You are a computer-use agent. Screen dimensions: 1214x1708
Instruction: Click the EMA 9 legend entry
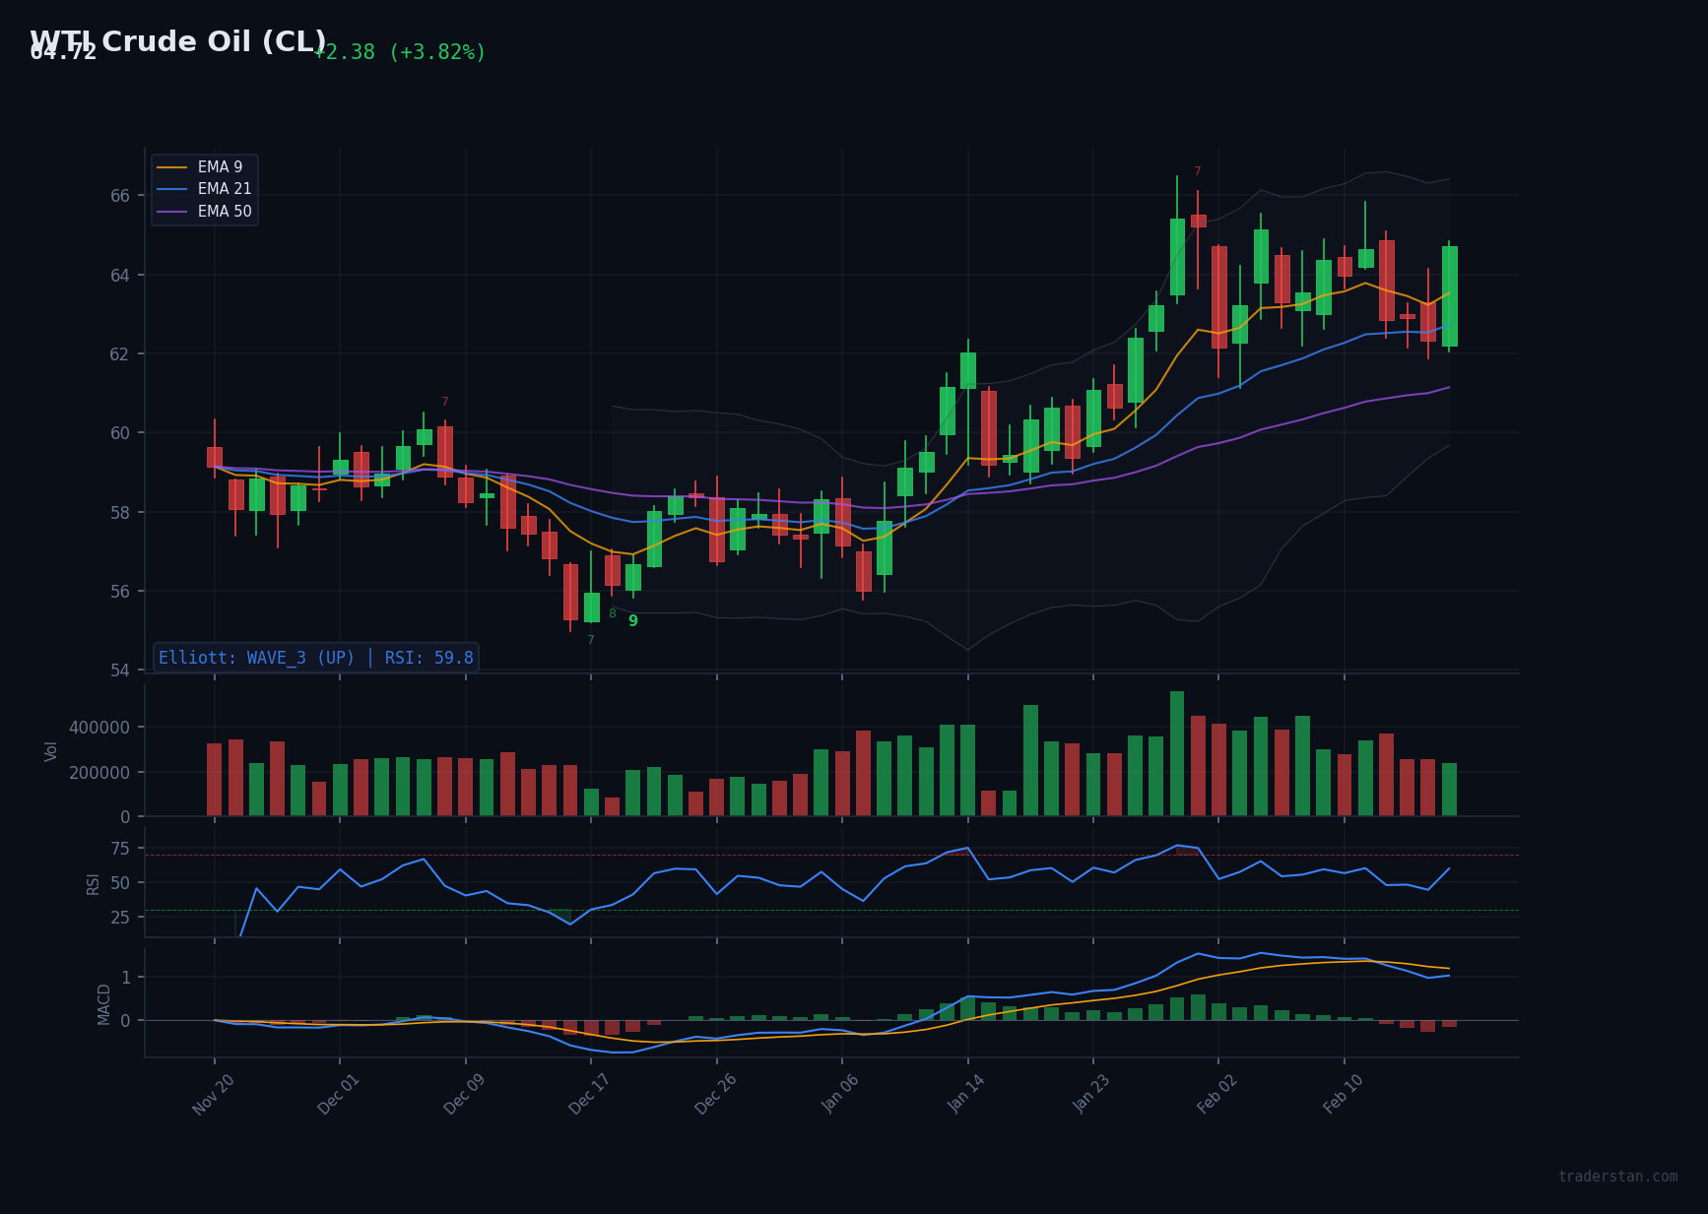[x=220, y=167]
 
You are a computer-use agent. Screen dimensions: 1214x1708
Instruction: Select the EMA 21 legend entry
[x=224, y=189]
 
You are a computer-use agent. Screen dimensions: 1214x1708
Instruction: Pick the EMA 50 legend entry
[x=224, y=212]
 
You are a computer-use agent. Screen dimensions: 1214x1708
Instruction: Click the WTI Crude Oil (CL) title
[x=178, y=42]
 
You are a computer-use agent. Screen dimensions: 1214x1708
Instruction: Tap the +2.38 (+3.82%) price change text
[x=399, y=53]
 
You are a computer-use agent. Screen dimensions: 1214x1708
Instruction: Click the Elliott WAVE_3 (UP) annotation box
[x=316, y=658]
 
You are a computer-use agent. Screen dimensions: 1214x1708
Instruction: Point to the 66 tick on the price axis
[x=120, y=196]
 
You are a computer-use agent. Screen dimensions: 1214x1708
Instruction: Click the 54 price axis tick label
[x=120, y=671]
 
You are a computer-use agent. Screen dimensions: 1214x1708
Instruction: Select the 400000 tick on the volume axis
[x=99, y=728]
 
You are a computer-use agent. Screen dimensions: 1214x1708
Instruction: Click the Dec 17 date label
[x=589, y=1094]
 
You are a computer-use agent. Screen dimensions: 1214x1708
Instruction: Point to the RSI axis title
[x=94, y=883]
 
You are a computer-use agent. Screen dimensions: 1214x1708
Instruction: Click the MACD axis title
[x=104, y=1003]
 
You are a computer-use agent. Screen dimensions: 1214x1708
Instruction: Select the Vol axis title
[x=51, y=750]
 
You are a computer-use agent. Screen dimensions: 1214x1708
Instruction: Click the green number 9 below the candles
[x=633, y=621]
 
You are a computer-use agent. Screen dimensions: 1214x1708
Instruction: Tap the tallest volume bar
[x=1177, y=753]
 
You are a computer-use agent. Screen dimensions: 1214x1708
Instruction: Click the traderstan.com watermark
[x=1617, y=1177]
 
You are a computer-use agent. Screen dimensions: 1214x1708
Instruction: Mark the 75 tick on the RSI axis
[x=120, y=849]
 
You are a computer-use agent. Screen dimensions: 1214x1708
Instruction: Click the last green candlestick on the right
[x=1449, y=295]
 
